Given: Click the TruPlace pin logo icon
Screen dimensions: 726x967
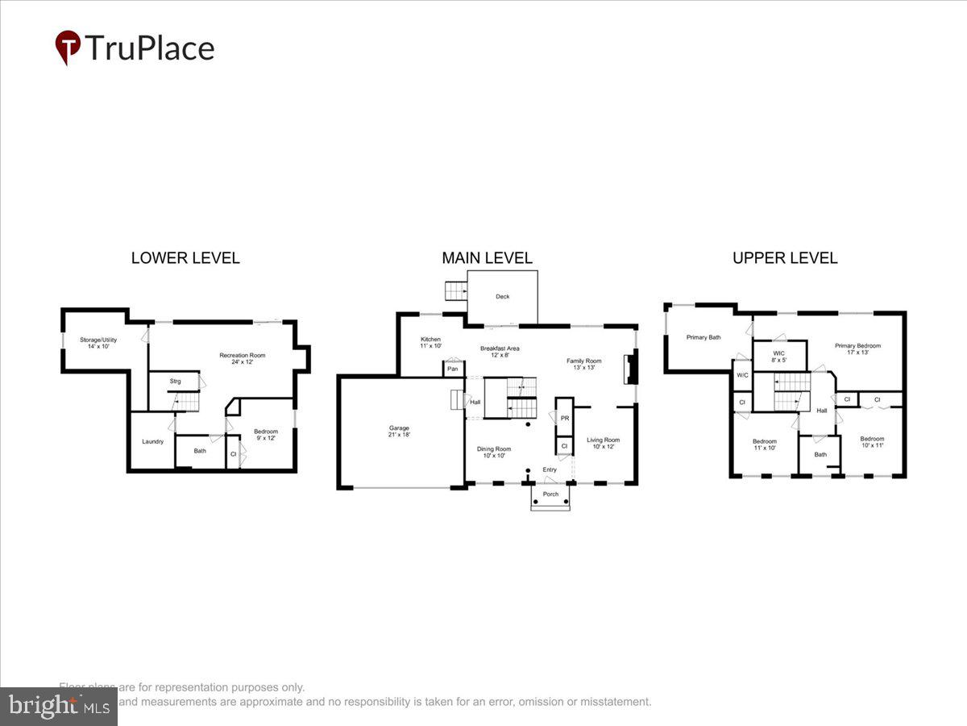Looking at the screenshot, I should (x=68, y=48).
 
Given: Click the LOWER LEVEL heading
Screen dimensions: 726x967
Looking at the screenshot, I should (x=185, y=258).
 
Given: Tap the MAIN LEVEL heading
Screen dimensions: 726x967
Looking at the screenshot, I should (x=487, y=258).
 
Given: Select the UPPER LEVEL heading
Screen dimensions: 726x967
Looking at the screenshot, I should (x=784, y=258).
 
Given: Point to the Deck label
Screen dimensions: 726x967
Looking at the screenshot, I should (x=503, y=297).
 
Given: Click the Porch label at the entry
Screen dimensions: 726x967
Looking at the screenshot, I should (x=550, y=494).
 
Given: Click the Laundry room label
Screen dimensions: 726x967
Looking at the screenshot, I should (x=153, y=441).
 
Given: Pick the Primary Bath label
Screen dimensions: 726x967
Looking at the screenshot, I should (x=703, y=337).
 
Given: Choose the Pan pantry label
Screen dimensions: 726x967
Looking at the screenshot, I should (x=453, y=369).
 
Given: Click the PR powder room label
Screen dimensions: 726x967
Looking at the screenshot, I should (x=565, y=419).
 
